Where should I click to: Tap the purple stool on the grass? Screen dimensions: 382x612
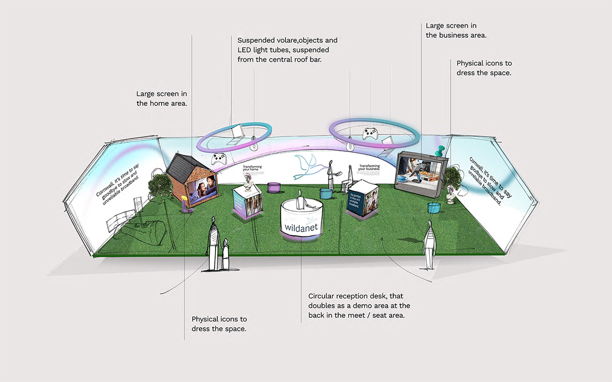[274, 187]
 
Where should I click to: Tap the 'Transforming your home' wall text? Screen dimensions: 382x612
[255, 169]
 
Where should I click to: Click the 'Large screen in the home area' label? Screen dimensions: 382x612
[161, 98]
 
